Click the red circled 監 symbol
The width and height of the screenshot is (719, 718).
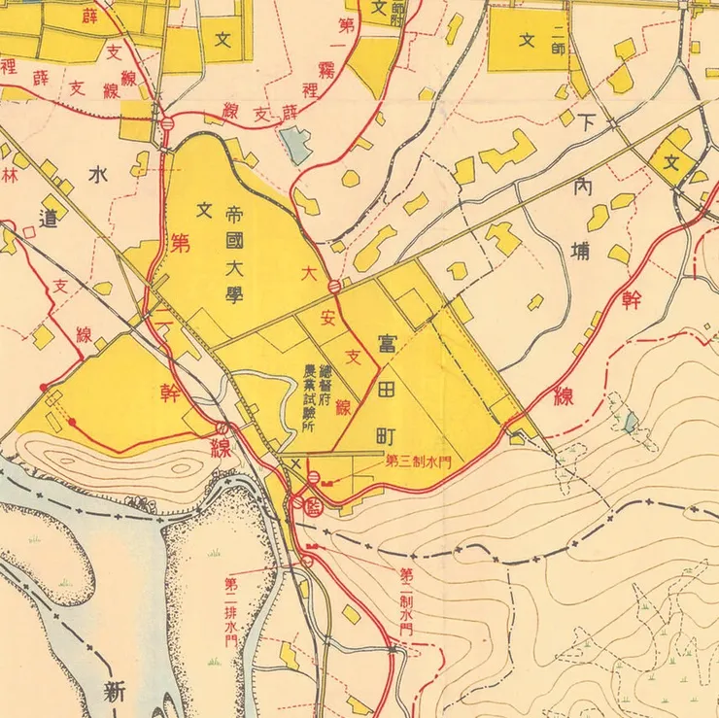313,506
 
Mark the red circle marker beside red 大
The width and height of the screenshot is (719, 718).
333,286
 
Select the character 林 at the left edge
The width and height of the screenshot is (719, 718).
10,175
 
